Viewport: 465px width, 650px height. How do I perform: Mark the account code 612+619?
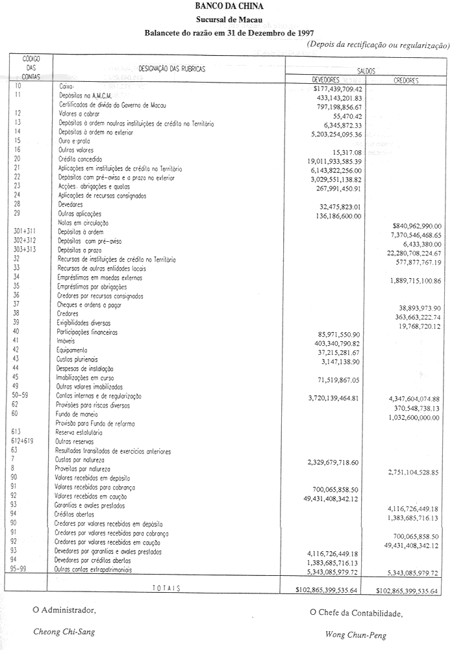point(26,441)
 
